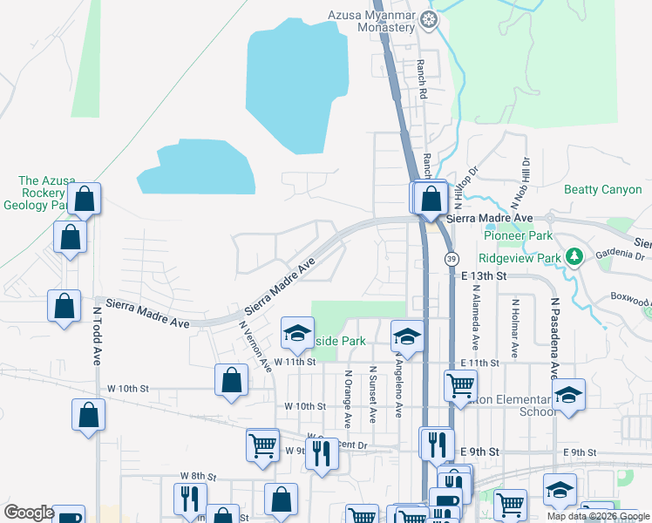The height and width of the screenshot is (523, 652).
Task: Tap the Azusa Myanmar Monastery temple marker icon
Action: [x=428, y=17]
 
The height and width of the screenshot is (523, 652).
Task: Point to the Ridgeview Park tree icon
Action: [x=574, y=257]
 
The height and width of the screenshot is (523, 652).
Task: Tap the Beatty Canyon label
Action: [x=602, y=189]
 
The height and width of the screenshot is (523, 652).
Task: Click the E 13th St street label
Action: [x=484, y=275]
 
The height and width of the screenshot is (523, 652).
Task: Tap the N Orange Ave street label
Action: [x=347, y=399]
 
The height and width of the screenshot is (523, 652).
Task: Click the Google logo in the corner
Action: [x=29, y=513]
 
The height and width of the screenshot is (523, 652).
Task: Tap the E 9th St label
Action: [x=480, y=452]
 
